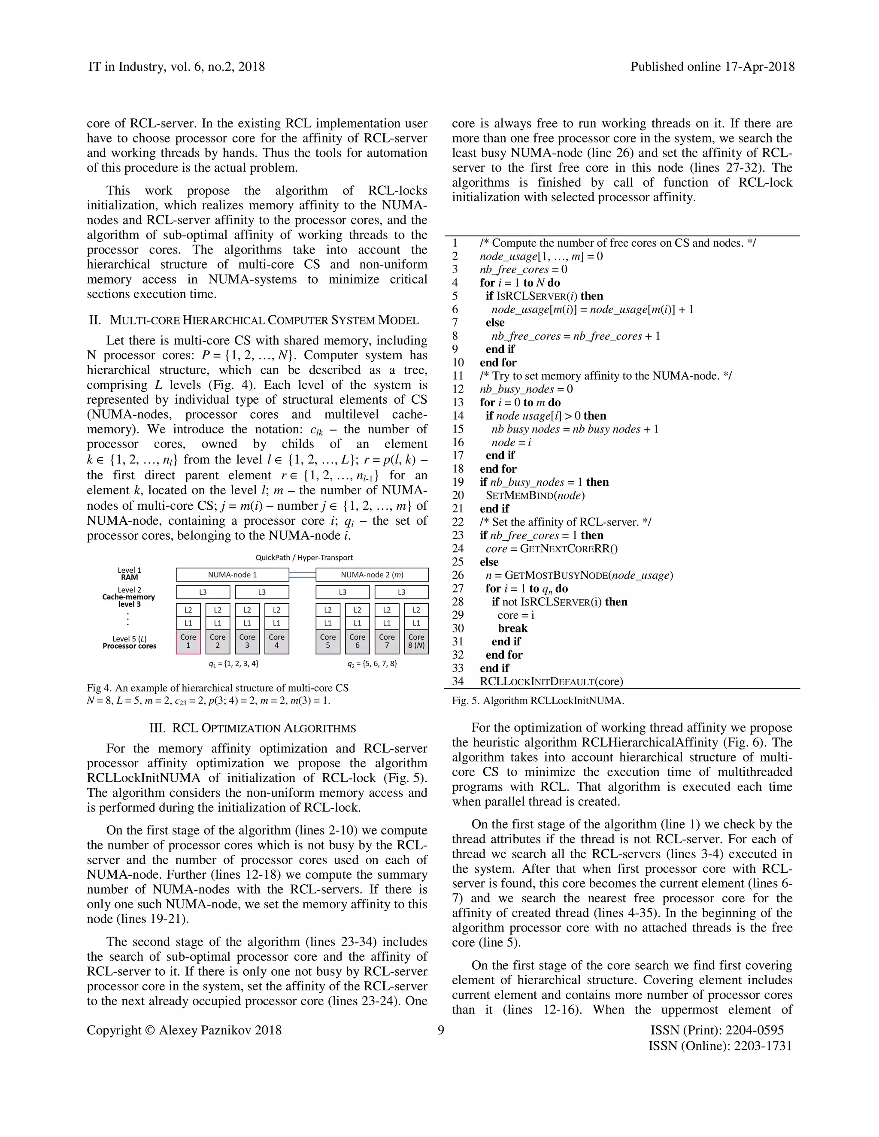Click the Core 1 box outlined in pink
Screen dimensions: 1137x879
(x=188, y=641)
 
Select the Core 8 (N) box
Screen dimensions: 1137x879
(x=416, y=641)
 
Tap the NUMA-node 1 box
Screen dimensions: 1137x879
(x=232, y=575)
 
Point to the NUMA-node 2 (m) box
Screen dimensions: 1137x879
(x=372, y=575)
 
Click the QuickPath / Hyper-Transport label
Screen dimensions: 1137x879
(x=304, y=558)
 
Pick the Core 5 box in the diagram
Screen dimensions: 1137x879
(x=327, y=641)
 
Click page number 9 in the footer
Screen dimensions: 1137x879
(x=440, y=1030)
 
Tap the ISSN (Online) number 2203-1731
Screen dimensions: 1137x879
(x=762, y=1046)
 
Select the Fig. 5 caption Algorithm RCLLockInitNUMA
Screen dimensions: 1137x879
(x=538, y=701)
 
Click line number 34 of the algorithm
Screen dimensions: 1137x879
(x=458, y=681)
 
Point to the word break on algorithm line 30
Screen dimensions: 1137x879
(x=512, y=629)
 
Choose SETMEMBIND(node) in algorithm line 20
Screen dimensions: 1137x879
(x=535, y=496)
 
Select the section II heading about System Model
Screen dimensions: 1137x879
(x=254, y=320)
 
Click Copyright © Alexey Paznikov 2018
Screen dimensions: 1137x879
(x=184, y=1030)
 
